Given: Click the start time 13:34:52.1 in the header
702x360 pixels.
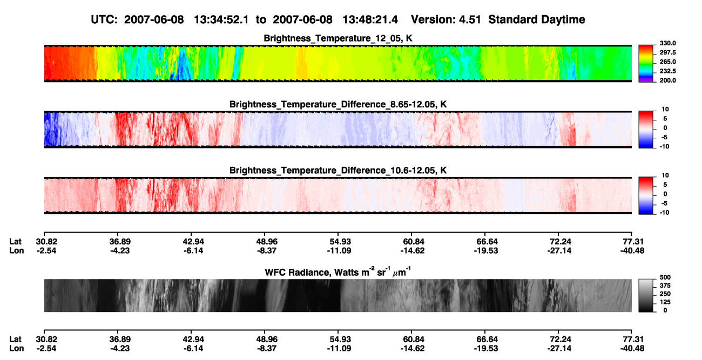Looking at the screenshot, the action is point(221,19).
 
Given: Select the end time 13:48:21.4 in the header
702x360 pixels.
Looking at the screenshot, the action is point(370,19).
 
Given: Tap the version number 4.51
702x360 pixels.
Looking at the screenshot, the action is point(470,19).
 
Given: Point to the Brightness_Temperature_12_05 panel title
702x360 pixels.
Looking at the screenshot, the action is point(338,38).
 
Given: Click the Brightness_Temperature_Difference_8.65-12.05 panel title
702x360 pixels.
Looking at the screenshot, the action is point(338,104).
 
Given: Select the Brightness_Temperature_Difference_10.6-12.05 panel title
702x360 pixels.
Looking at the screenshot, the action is point(338,171).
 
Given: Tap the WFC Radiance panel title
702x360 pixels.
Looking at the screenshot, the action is point(338,272).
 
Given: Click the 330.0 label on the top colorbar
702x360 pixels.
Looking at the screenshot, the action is point(667,43).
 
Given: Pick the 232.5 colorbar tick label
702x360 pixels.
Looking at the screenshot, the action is point(667,71).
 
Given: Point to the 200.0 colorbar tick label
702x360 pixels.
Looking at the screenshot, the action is point(667,80).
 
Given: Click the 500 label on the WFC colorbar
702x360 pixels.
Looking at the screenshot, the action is point(665,277).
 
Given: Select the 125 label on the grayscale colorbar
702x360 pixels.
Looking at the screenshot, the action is point(665,302).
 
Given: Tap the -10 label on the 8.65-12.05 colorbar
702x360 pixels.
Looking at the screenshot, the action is point(664,147).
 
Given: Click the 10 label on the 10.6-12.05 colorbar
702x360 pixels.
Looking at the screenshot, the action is point(665,175).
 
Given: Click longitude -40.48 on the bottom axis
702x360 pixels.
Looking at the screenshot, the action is point(632,349).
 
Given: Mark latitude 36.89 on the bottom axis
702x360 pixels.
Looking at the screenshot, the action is point(120,339).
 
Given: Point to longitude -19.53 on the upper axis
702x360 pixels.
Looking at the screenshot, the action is point(486,250).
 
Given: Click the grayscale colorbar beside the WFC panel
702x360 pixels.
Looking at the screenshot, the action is point(646,295).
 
